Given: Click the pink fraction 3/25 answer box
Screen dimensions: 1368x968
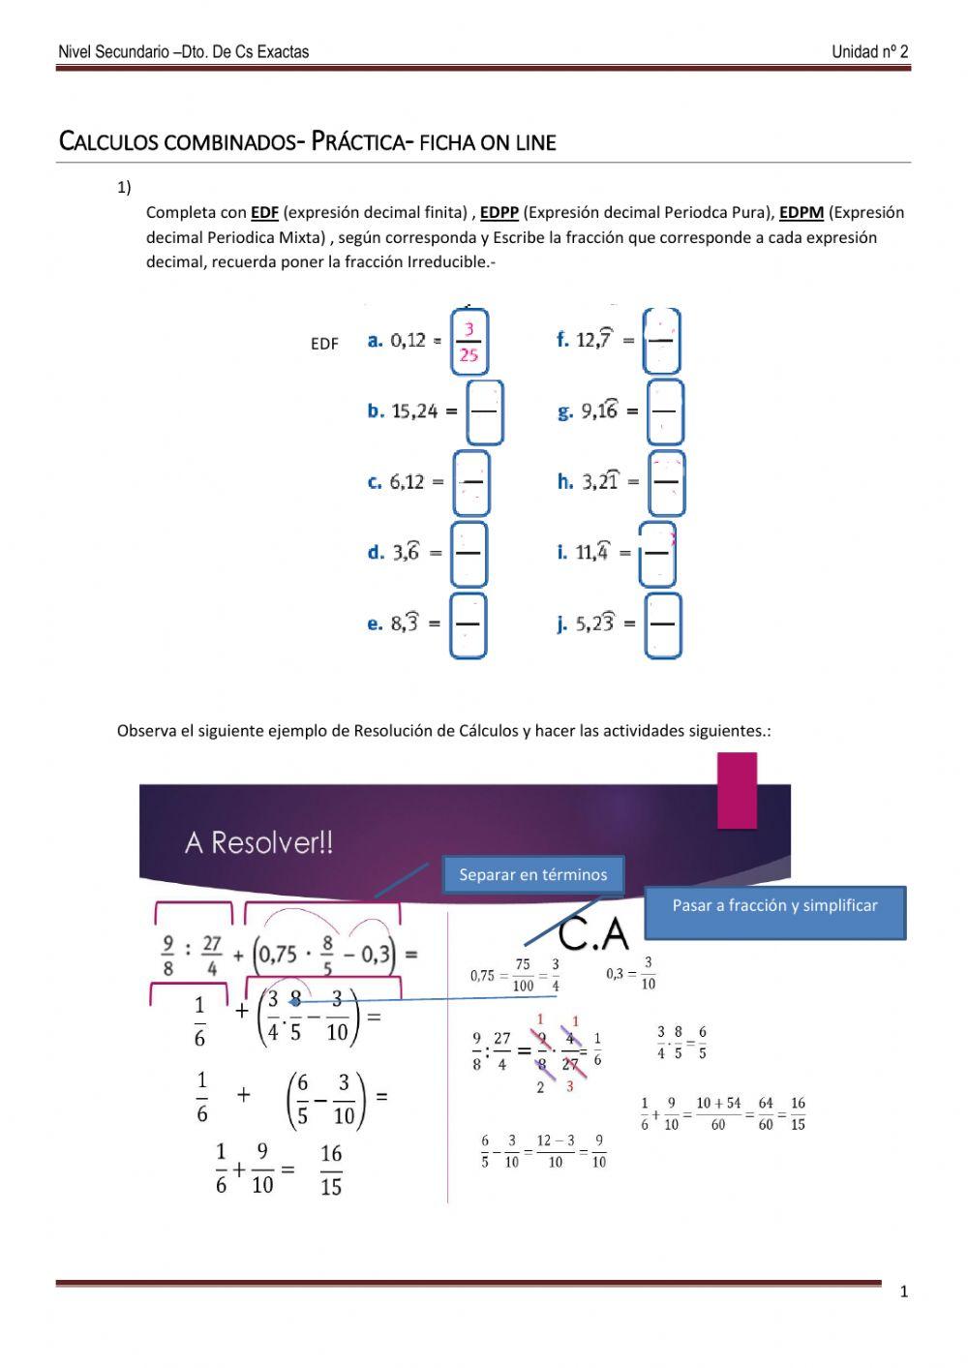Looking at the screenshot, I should [469, 342].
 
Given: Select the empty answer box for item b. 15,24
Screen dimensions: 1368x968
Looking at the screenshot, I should [484, 411].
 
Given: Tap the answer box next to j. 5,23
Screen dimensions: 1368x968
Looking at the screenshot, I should [663, 624].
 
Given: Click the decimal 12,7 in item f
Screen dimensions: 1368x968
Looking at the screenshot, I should [593, 340].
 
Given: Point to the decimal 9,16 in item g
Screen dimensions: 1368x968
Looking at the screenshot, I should [599, 411].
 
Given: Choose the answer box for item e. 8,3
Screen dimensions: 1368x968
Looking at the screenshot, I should [469, 624].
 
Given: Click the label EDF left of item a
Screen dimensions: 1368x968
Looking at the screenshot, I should [324, 344].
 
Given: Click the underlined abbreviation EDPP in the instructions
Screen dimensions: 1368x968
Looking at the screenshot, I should [499, 213].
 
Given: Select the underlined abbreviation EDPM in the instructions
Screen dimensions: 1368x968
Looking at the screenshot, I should [802, 213].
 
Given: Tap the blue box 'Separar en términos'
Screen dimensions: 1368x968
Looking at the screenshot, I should [533, 874].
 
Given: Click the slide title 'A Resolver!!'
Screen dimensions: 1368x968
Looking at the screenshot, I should [258, 842].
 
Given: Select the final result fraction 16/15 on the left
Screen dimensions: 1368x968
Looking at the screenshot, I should [331, 1170].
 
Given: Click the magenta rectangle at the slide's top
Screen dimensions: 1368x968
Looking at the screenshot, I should [737, 791].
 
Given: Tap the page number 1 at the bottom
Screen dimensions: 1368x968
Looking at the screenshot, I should [904, 1292].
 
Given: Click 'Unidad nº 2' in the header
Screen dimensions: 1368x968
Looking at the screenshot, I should [869, 52].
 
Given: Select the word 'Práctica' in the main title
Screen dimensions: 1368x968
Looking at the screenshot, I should [359, 141].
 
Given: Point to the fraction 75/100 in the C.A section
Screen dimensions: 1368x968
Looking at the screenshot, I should [523, 975].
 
